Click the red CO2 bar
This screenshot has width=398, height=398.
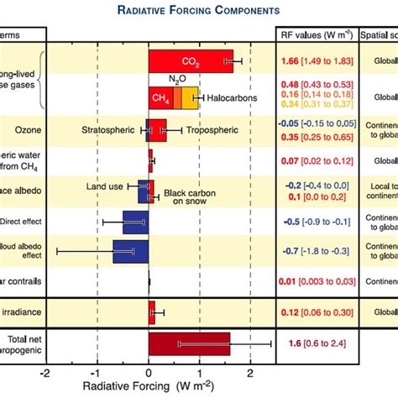(x=191, y=60)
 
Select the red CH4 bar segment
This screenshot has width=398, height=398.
(x=160, y=97)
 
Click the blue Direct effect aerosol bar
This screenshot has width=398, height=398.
(x=135, y=223)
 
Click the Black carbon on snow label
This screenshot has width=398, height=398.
(x=187, y=193)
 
